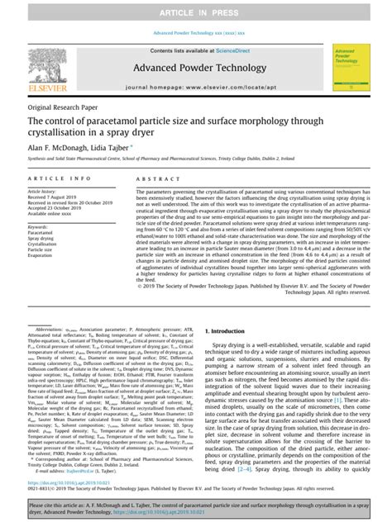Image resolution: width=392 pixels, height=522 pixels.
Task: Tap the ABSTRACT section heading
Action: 157,177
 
